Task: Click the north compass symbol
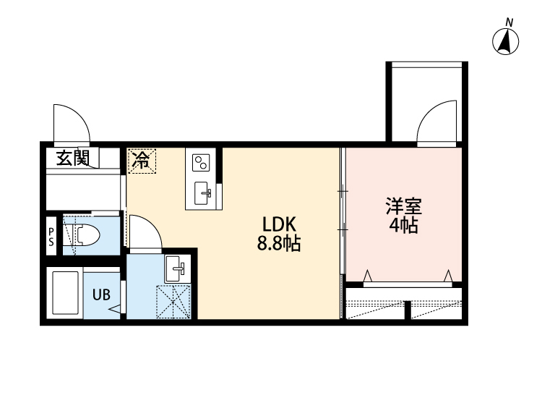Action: coord(507,41)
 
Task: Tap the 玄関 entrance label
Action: coord(73,158)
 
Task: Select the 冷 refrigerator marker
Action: coord(142,160)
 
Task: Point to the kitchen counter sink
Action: coord(205,192)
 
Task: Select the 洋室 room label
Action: coord(403,206)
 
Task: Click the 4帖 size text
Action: coord(403,225)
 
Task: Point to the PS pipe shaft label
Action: coord(51,237)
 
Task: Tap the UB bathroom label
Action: coord(100,295)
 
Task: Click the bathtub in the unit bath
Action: coord(65,294)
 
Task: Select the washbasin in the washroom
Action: coord(176,269)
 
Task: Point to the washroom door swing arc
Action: coord(145,233)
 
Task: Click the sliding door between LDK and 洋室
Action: coord(343,211)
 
